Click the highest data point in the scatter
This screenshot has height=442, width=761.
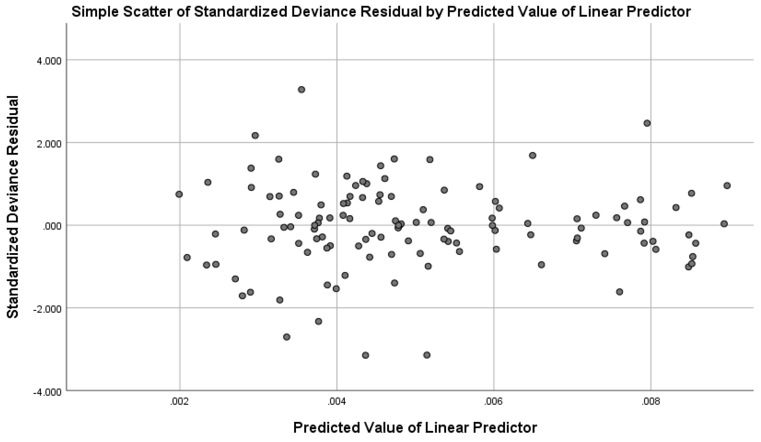click(301, 90)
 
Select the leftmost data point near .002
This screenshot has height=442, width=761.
click(179, 194)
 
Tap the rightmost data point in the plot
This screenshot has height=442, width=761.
click(727, 186)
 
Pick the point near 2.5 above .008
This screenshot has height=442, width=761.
click(647, 123)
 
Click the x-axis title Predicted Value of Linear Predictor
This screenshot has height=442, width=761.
click(415, 428)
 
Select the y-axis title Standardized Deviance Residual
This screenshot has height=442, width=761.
click(13, 207)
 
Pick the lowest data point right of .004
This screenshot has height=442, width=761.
click(365, 355)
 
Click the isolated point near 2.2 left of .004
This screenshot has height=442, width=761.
click(255, 135)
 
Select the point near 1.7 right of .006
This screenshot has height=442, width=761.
click(532, 155)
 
